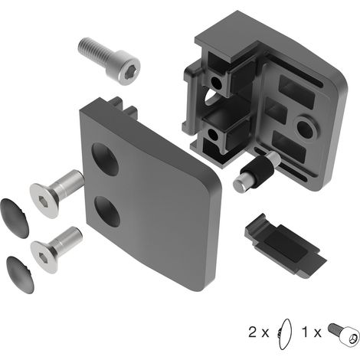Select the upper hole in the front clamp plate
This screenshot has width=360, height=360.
pyautogui.click(x=105, y=159)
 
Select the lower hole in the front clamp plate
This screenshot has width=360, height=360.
pyautogui.click(x=107, y=211)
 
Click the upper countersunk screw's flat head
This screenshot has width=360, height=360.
pyautogui.click(x=44, y=201)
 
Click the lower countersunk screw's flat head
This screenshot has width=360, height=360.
pyautogui.click(x=44, y=257)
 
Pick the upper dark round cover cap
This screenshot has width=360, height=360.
pyautogui.click(x=15, y=218)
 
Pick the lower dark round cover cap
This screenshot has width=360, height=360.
pyautogui.click(x=20, y=275)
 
